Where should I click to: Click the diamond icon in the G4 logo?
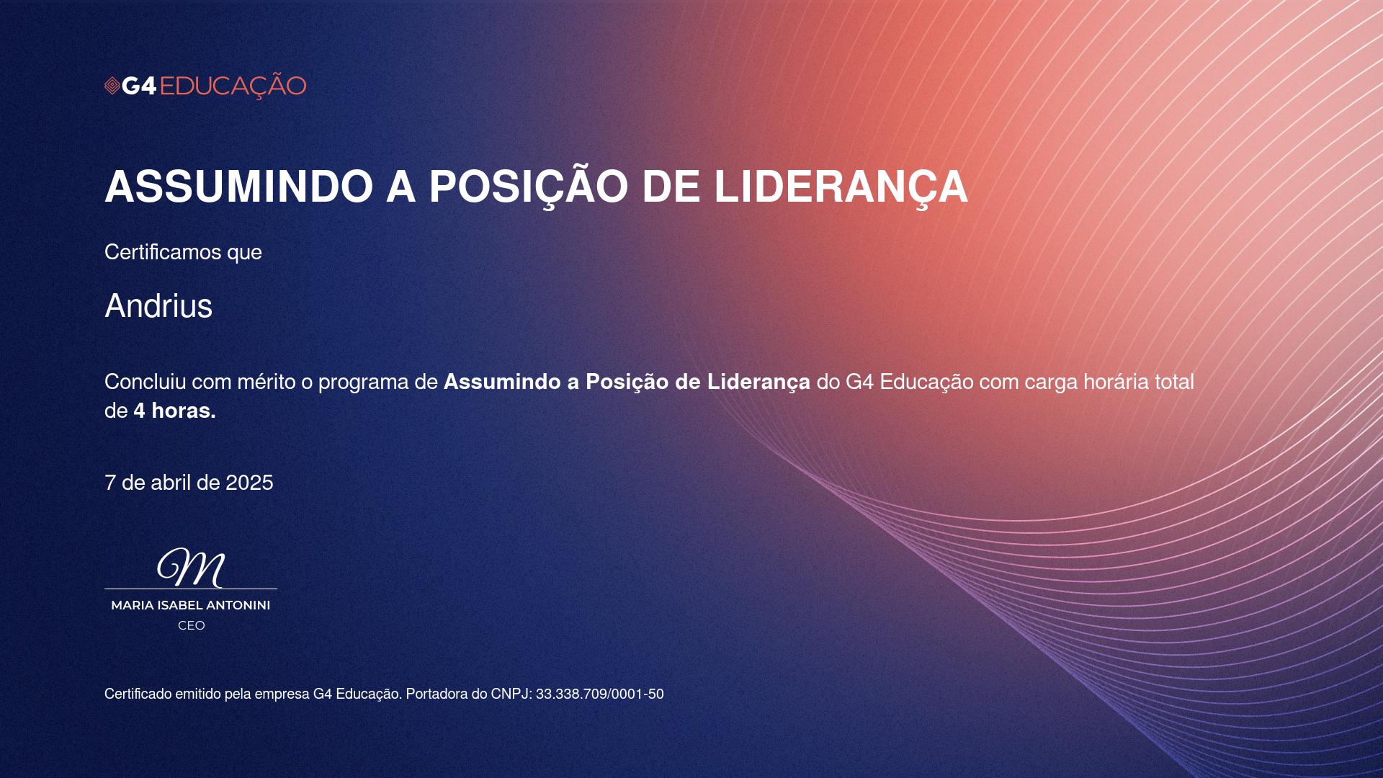coord(112,86)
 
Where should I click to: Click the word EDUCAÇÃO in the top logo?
coord(233,86)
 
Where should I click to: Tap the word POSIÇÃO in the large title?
coord(529,187)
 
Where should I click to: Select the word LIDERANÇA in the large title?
coord(841,187)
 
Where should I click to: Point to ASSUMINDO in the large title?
coord(239,187)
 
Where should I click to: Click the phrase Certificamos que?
coord(183,252)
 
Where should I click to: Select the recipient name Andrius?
coord(158,305)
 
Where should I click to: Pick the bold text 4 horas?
coord(174,411)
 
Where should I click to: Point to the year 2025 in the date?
coord(249,483)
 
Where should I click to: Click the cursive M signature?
coord(192,568)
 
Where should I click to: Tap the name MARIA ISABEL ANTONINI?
coord(191,605)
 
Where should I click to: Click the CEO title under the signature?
coord(192,625)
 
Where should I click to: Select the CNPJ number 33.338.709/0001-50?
coord(600,694)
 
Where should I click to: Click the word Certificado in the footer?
coord(138,694)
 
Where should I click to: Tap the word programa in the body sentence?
coord(364,383)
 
